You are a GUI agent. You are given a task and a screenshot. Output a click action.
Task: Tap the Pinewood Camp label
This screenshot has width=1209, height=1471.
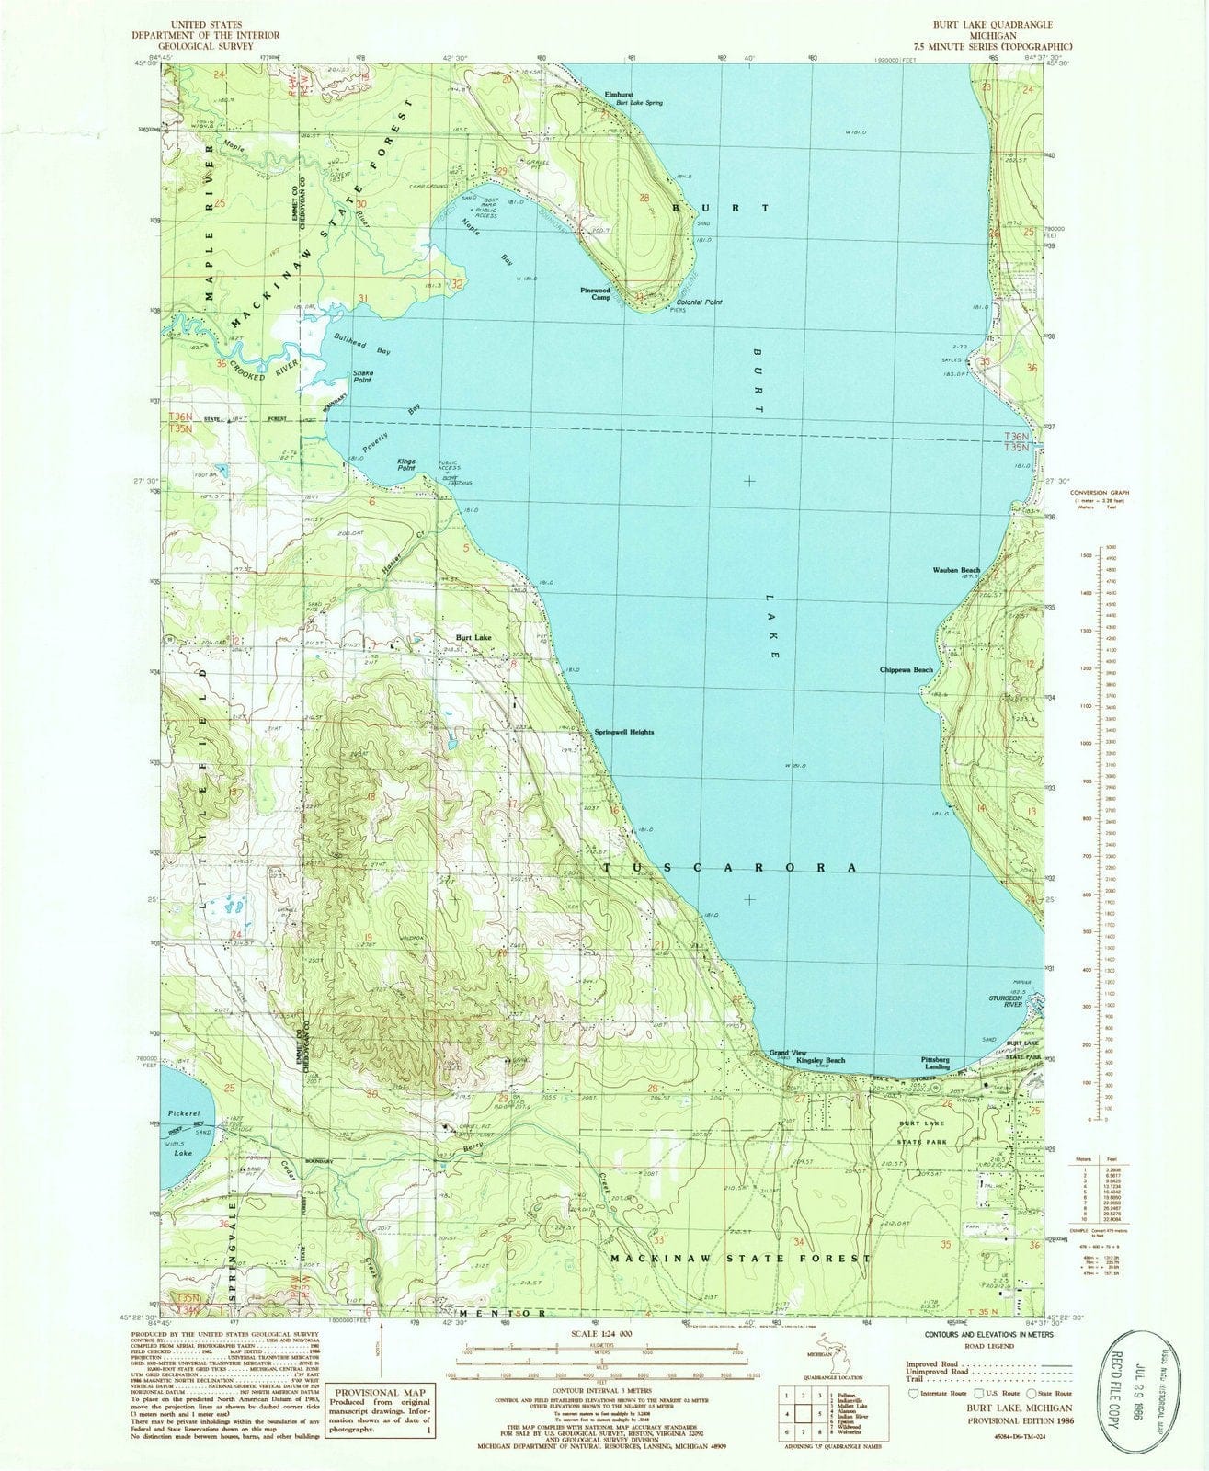coord(595,293)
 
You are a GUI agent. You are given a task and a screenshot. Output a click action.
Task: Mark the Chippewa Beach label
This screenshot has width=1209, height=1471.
coord(906,669)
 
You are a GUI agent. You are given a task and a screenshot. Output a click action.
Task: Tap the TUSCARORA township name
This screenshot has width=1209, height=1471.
coord(732,868)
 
